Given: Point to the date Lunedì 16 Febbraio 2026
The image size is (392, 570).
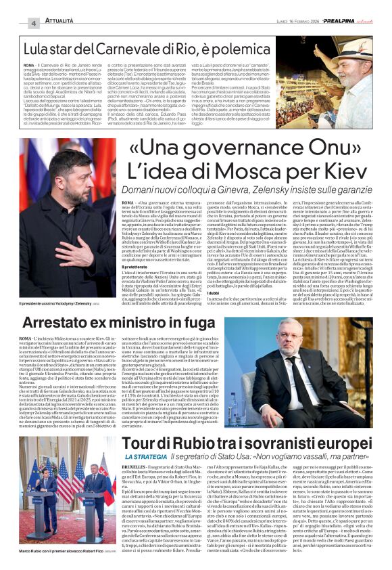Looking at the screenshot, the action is (x=283, y=23).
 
